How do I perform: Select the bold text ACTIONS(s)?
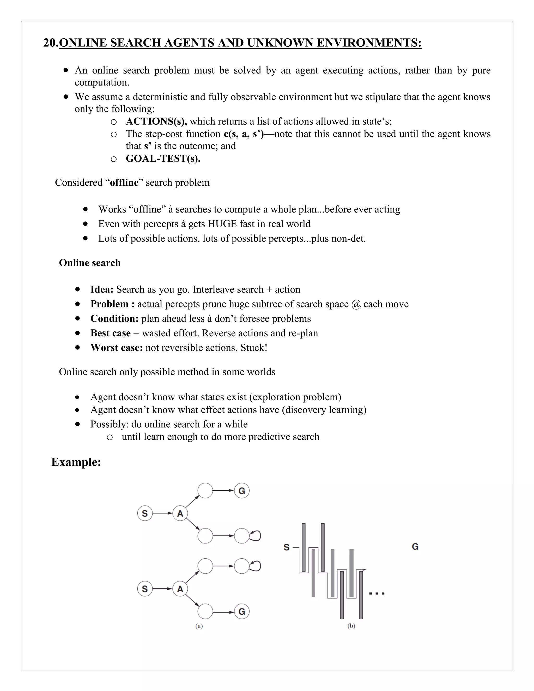coord(156,122)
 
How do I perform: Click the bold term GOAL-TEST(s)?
coord(163,159)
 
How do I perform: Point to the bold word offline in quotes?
coord(124,183)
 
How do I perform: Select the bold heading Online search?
coord(90,263)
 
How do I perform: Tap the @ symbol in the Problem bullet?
coord(356,304)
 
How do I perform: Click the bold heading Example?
coord(76,462)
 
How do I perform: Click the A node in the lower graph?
coord(180,589)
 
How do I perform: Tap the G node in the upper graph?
coord(242,491)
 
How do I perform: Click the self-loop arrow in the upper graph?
coord(256,535)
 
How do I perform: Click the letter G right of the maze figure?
coord(415,547)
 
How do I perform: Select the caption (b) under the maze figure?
coord(351,626)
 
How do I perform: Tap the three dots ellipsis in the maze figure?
coord(377,593)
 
